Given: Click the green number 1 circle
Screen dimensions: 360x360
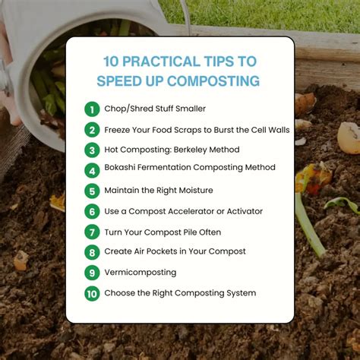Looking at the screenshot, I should click(x=92, y=109).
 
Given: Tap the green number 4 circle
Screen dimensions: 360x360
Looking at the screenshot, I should click(x=92, y=169).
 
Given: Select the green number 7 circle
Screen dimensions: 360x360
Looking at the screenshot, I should click(x=92, y=232).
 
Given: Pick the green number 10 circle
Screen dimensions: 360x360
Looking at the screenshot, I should click(x=92, y=293).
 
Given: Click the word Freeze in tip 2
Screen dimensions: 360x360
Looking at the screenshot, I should click(x=120, y=129).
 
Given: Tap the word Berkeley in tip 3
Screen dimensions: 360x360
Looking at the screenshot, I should click(x=201, y=150).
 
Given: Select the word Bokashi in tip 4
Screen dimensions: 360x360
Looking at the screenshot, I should click(x=123, y=167).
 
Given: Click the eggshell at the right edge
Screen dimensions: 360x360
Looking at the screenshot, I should click(x=349, y=137).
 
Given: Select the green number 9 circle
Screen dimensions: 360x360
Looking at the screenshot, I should click(x=92, y=273).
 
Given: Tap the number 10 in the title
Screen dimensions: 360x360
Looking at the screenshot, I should click(x=113, y=62).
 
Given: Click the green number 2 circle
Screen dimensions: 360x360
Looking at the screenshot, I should click(x=92, y=129).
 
